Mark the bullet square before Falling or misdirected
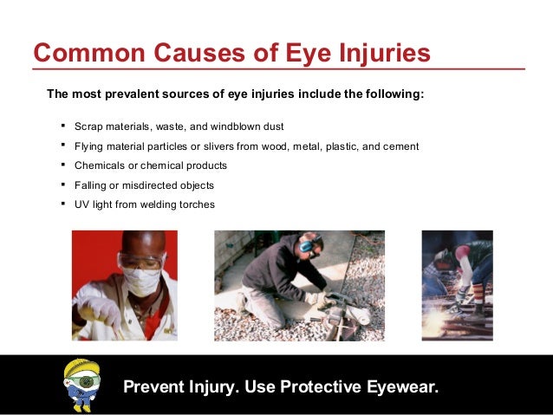pos(64,184)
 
